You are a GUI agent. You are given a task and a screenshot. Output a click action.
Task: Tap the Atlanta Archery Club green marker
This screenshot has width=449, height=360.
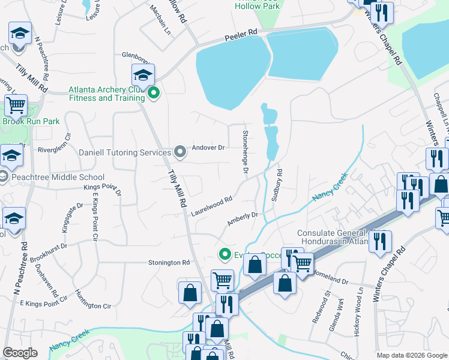[154, 93]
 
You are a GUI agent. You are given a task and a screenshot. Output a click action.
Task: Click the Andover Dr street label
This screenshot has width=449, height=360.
[208, 148]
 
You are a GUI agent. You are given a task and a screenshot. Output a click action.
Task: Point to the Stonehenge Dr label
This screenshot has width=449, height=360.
[246, 153]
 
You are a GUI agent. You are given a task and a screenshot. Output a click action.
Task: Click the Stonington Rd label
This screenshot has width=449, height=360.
[169, 263]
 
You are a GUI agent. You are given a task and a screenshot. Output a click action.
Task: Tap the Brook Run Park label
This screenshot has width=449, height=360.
[31, 121]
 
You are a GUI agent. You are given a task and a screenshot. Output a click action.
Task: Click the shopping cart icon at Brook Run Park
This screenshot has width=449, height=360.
[16, 106]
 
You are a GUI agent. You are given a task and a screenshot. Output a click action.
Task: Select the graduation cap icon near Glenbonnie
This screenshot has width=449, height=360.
[143, 75]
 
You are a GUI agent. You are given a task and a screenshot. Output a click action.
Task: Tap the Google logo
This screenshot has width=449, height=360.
[20, 353]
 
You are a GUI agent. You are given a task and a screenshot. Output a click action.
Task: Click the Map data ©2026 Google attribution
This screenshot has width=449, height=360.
[411, 355]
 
